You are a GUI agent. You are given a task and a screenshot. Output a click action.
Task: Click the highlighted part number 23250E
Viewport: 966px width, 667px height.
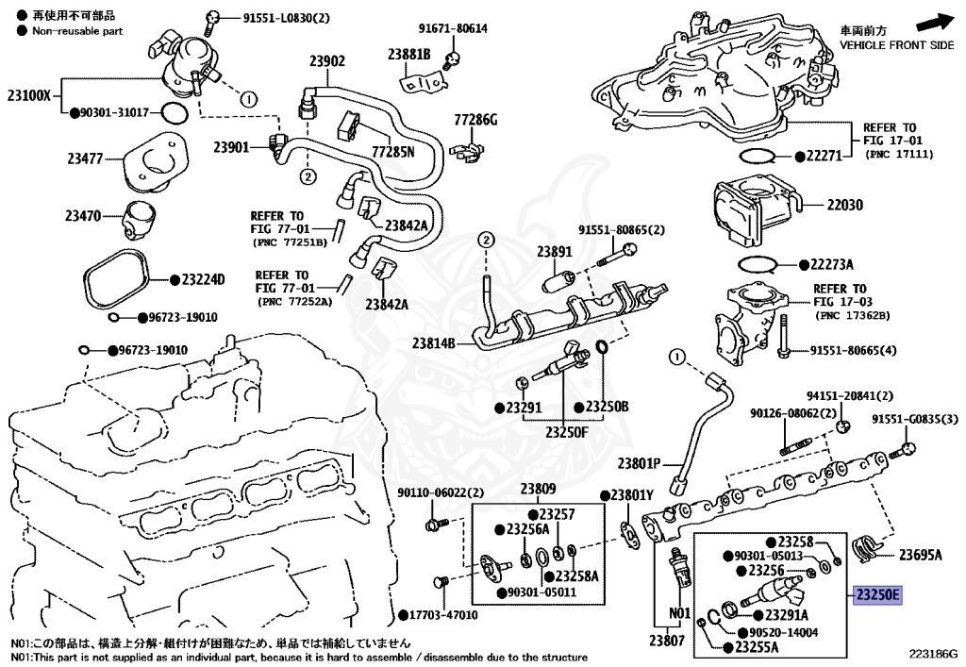pyautogui.click(x=877, y=595)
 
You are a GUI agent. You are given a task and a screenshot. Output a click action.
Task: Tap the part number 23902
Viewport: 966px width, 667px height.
pyautogui.click(x=327, y=61)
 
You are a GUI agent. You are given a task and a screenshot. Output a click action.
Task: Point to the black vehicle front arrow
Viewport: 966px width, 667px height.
pyautogui.click(x=935, y=23)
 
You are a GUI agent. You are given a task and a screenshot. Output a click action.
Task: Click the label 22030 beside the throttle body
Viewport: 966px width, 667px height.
pyautogui.click(x=844, y=205)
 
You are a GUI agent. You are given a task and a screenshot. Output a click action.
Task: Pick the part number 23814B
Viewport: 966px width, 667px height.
pyautogui.click(x=434, y=343)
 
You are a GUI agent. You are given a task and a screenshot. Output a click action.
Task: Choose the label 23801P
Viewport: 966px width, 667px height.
pyautogui.click(x=639, y=463)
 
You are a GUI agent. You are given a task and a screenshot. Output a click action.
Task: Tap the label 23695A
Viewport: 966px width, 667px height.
pyautogui.click(x=921, y=555)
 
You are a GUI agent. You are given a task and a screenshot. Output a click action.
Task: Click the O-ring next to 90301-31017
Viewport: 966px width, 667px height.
pyautogui.click(x=175, y=113)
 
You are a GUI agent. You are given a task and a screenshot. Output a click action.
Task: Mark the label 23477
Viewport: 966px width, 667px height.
pyautogui.click(x=85, y=158)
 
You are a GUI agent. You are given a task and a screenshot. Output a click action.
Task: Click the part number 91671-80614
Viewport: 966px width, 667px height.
pyautogui.click(x=453, y=28)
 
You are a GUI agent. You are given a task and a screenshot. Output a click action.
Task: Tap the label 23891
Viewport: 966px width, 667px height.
pyautogui.click(x=555, y=251)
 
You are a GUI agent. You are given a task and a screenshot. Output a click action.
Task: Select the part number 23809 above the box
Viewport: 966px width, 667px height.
pyautogui.click(x=538, y=489)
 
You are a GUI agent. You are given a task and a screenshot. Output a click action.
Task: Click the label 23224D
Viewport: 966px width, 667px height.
pyautogui.click(x=204, y=279)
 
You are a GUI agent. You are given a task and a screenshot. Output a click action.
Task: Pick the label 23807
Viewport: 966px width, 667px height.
pyautogui.click(x=667, y=641)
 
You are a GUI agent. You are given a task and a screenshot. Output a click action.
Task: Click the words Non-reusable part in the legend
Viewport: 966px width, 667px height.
pyautogui.click(x=77, y=31)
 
